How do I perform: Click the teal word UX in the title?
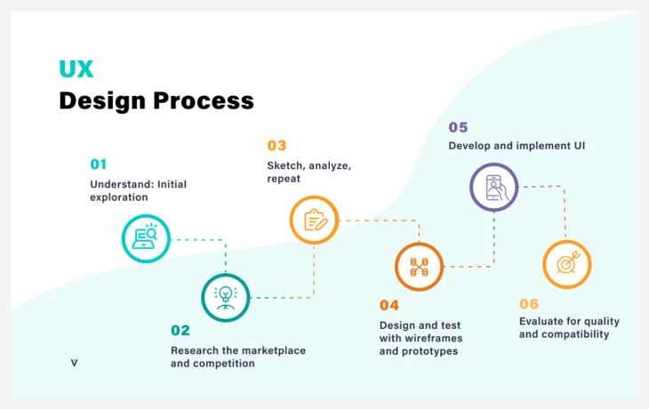click(x=76, y=69)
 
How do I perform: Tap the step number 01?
click(x=98, y=164)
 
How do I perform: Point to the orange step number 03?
click(x=276, y=146)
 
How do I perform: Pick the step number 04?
click(x=389, y=306)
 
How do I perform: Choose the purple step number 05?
click(x=458, y=127)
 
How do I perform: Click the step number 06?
click(x=529, y=304)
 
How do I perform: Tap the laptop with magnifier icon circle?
click(x=146, y=238)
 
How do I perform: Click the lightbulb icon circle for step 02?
click(x=226, y=296)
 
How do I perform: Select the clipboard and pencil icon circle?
click(x=314, y=219)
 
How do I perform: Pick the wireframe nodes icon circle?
click(x=419, y=266)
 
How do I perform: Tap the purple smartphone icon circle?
click(x=493, y=187)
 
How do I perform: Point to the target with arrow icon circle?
click(x=567, y=264)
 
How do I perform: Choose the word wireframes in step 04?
click(x=434, y=338)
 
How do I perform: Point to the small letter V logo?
click(x=74, y=363)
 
